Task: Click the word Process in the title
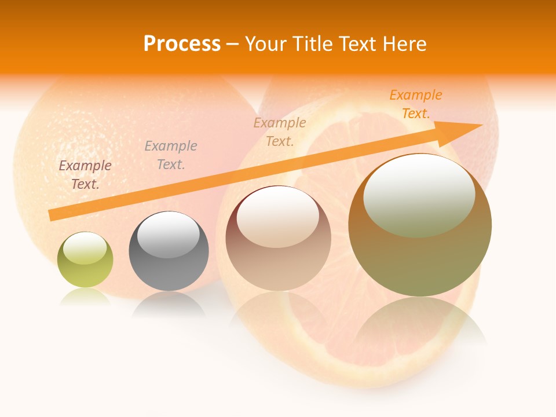[x=182, y=44]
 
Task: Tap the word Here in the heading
[x=404, y=44]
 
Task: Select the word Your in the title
[x=265, y=44]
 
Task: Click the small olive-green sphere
[x=85, y=260]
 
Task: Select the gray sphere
[x=169, y=251]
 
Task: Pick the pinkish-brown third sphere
[x=278, y=238]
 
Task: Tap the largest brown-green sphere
[x=420, y=225]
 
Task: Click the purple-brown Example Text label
[x=85, y=175]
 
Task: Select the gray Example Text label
[x=171, y=155]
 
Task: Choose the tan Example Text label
[x=280, y=132]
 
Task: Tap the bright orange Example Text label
[x=416, y=104]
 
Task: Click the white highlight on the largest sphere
[x=419, y=195]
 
